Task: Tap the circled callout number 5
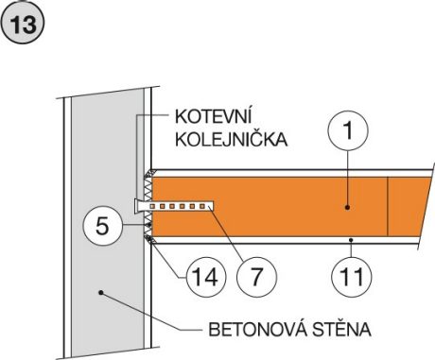tap(103, 227)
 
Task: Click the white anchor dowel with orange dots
tap(180, 205)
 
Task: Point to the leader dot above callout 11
tap(350, 240)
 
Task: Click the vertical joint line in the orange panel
tap(390, 205)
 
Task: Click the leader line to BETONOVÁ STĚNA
tap(151, 313)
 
